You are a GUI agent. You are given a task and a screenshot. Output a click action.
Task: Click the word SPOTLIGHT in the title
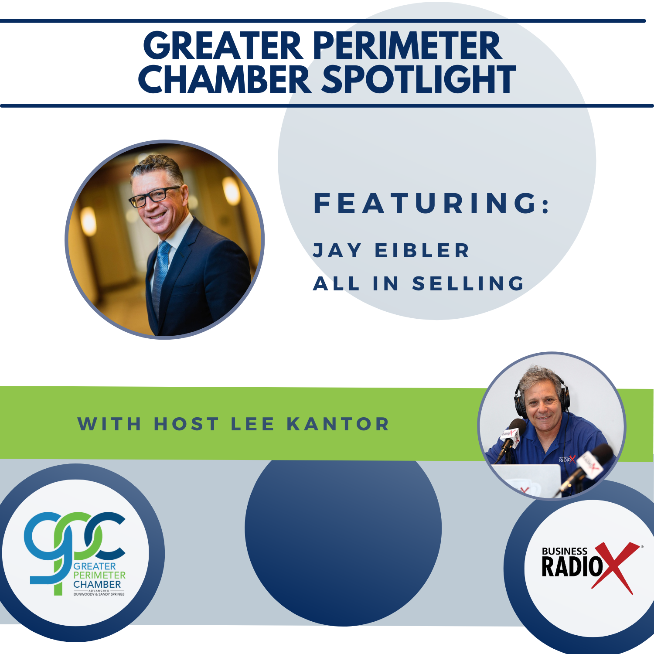419,79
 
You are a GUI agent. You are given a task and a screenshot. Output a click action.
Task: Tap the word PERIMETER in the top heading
408,46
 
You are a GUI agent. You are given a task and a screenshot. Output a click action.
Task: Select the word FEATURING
432,204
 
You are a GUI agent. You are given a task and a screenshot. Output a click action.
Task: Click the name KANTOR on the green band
338,424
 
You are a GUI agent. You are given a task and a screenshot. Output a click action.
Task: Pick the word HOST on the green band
186,424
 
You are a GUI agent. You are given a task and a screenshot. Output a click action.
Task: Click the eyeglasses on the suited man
155,196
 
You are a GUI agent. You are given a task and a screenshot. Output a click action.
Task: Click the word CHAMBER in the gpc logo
97,584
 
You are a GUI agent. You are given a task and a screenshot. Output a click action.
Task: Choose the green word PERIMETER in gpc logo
99,575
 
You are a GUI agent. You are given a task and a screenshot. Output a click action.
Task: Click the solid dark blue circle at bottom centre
343,541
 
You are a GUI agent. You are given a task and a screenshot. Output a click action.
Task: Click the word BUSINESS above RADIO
564,551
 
